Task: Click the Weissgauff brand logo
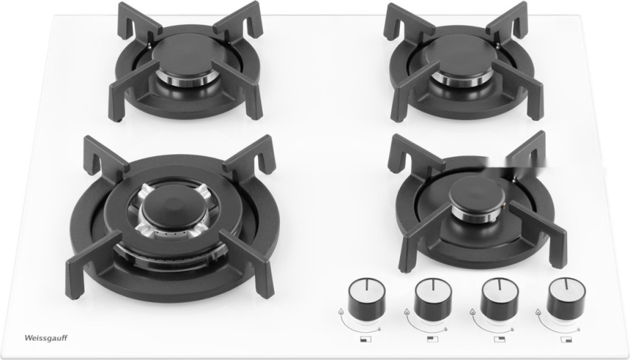pyautogui.click(x=46, y=338)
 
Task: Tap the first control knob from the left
pyautogui.click(x=366, y=298)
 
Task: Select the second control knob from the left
pyautogui.click(x=433, y=298)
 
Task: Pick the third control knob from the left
pyautogui.click(x=499, y=298)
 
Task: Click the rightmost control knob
pyautogui.click(x=566, y=298)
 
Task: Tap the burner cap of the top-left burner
pyautogui.click(x=184, y=55)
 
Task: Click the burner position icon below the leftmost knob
pyautogui.click(x=366, y=339)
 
